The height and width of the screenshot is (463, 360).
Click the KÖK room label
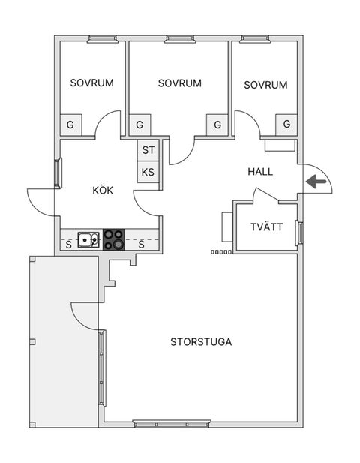pyautogui.click(x=103, y=190)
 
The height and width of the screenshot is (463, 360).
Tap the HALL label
pyautogui.click(x=260, y=172)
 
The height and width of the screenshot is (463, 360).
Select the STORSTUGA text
pyautogui.click(x=201, y=342)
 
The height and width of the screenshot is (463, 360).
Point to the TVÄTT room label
pyautogui.click(x=267, y=227)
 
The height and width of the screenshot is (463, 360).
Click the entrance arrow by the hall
pyautogui.click(x=316, y=182)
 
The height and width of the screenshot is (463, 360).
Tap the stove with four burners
pyautogui.click(x=113, y=239)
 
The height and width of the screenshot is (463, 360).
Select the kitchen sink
pyautogui.click(x=88, y=239)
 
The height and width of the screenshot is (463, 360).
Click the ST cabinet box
pyautogui.click(x=148, y=150)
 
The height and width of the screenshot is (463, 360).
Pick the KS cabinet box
pyautogui.click(x=148, y=172)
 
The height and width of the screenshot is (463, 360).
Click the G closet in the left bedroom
pyautogui.click(x=70, y=125)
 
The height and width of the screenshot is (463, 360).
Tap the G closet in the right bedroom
pyautogui.click(x=286, y=125)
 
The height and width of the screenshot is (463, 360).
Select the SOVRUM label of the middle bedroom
pyautogui.click(x=180, y=83)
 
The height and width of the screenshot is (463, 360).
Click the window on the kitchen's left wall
pyautogui.click(x=58, y=173)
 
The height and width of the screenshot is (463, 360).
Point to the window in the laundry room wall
pyautogui.click(x=300, y=233)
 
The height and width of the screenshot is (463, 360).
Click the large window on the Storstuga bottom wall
pyautogui.click(x=172, y=424)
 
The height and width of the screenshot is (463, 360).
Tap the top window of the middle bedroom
pyautogui.click(x=180, y=39)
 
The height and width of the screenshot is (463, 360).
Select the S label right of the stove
pyautogui.click(x=141, y=245)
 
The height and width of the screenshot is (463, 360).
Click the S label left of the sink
pyautogui.click(x=68, y=245)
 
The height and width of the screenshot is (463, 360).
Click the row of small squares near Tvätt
pyautogui.click(x=221, y=252)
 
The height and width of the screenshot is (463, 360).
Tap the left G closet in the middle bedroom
pyautogui.click(x=139, y=125)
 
